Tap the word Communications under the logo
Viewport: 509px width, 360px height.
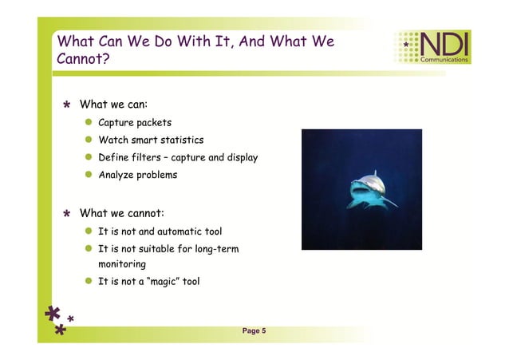pos(444,60)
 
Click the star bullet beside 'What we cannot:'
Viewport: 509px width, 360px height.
pos(68,214)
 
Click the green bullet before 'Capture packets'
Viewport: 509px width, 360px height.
pos(89,123)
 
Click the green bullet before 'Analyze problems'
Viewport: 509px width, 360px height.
pos(89,175)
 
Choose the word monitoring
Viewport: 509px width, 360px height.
pos(121,263)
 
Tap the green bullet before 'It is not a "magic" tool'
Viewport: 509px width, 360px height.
pos(89,281)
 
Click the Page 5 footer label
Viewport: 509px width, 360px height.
pos(254,330)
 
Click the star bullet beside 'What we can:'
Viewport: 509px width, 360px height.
pos(68,105)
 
